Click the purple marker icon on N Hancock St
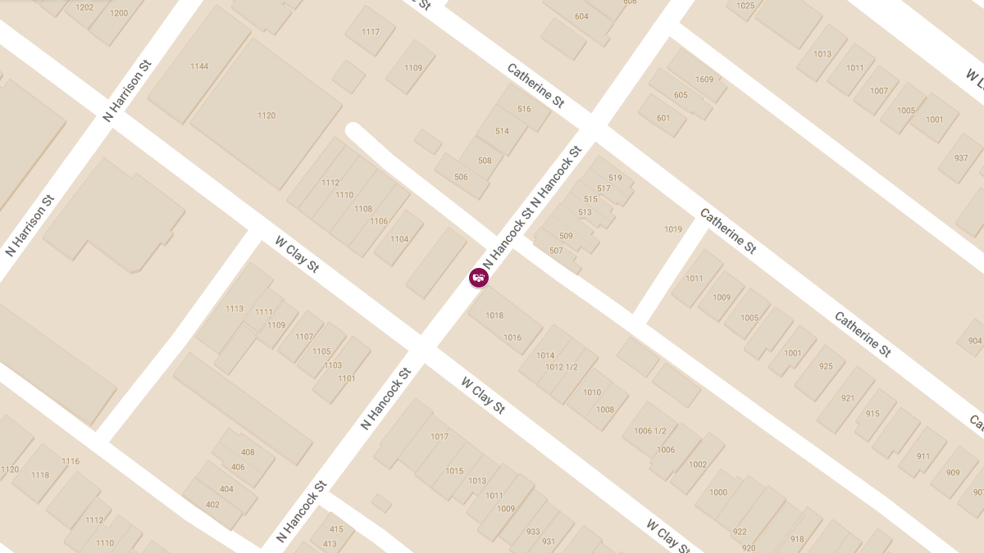tap(479, 278)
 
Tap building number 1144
tap(199, 66)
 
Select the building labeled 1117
tap(371, 32)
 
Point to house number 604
tap(581, 16)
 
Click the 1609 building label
tap(704, 79)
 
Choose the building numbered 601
tap(663, 118)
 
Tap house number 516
tap(525, 109)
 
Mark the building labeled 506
tap(461, 177)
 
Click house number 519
tap(615, 178)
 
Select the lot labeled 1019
tap(673, 229)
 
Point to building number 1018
tap(494, 315)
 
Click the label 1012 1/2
tap(562, 367)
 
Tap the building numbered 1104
tap(399, 239)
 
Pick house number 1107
tap(304, 337)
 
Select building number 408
tap(248, 452)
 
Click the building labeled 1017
tap(440, 437)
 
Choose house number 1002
tap(698, 465)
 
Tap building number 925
tap(826, 366)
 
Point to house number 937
tap(961, 158)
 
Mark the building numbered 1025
tap(745, 6)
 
